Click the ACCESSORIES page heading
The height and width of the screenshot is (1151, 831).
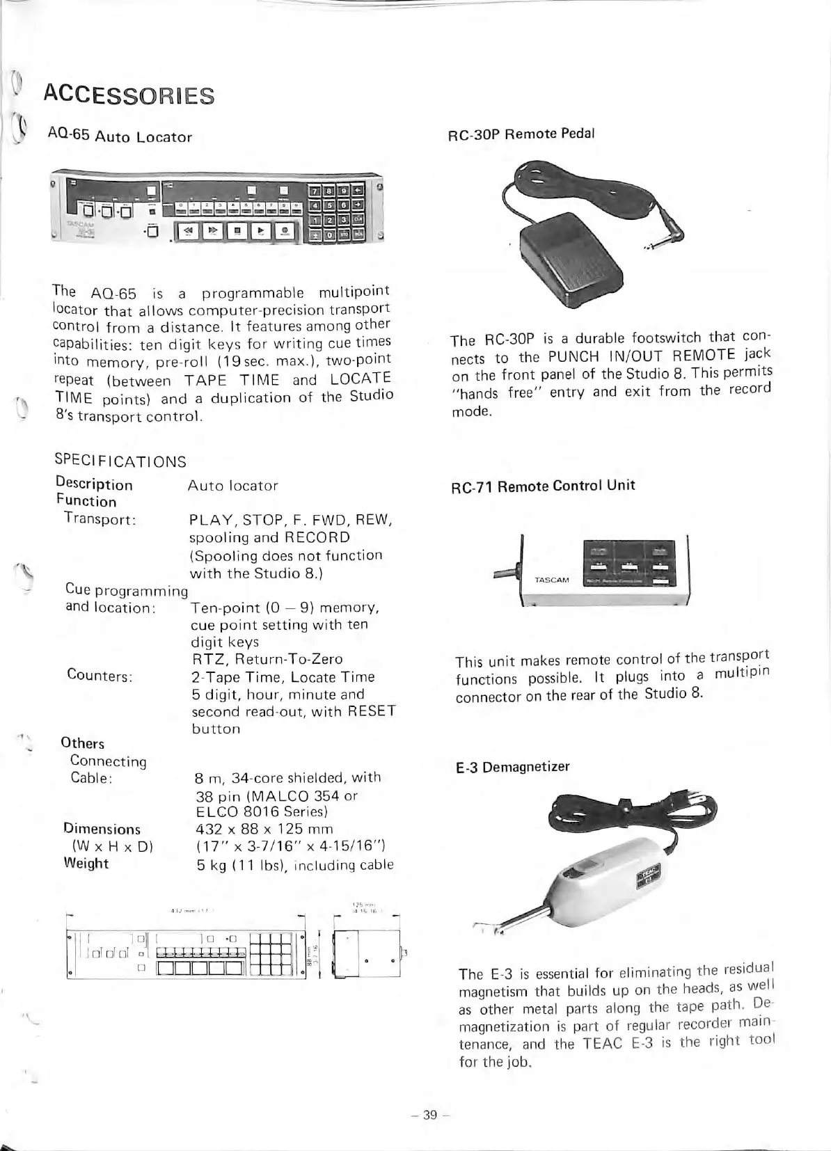(x=128, y=95)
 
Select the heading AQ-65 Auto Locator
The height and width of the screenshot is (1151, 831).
(x=119, y=136)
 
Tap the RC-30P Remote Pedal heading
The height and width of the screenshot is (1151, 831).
(x=521, y=133)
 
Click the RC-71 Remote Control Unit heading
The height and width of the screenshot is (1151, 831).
(x=544, y=486)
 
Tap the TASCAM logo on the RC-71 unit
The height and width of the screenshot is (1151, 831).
(x=551, y=579)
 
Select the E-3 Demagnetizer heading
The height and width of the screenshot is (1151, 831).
(x=512, y=767)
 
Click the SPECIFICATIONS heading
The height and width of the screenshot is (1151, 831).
(x=120, y=461)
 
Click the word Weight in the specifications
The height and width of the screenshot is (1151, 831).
(x=86, y=864)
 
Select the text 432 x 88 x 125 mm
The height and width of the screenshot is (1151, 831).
(x=264, y=829)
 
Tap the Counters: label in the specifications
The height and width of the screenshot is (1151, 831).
(x=100, y=674)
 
